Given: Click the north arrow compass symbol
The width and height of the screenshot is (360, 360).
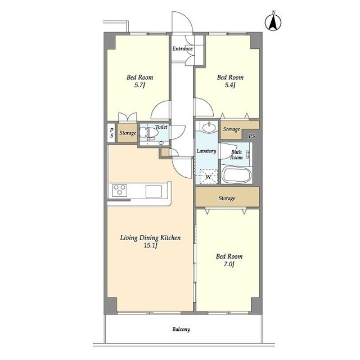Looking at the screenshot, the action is pyautogui.click(x=273, y=21).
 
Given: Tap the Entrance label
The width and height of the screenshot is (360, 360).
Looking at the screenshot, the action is pyautogui.click(x=182, y=49).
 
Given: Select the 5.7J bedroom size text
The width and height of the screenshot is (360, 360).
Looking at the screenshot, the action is pyautogui.click(x=139, y=85).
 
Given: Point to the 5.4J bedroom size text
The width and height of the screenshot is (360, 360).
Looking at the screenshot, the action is pyautogui.click(x=230, y=85).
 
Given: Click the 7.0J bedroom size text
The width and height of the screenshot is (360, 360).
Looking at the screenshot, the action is pyautogui.click(x=229, y=264).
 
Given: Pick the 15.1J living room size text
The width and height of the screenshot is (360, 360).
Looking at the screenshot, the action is pyautogui.click(x=150, y=246).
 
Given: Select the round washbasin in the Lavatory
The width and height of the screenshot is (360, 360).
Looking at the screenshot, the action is pyautogui.click(x=209, y=127).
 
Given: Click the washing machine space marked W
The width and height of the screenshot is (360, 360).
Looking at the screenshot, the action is pyautogui.click(x=209, y=177).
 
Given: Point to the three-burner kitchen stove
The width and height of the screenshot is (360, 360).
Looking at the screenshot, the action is pyautogui.click(x=119, y=190).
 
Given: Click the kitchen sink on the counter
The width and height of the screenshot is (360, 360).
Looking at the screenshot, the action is pyautogui.click(x=154, y=191).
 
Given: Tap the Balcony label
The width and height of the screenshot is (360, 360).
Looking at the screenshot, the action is pyautogui.click(x=181, y=330).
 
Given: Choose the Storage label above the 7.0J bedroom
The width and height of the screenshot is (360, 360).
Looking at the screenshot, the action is pyautogui.click(x=227, y=198).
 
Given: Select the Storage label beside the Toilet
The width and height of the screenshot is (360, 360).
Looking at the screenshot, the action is pyautogui.click(x=128, y=133).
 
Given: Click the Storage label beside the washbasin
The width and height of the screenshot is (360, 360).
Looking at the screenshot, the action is pyautogui.click(x=231, y=129).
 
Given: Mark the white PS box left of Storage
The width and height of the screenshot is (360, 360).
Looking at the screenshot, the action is pyautogui.click(x=111, y=133).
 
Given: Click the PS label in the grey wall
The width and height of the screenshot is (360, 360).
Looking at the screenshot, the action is pyautogui.click(x=252, y=136).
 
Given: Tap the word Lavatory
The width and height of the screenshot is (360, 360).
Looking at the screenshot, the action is pyautogui.click(x=206, y=151).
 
